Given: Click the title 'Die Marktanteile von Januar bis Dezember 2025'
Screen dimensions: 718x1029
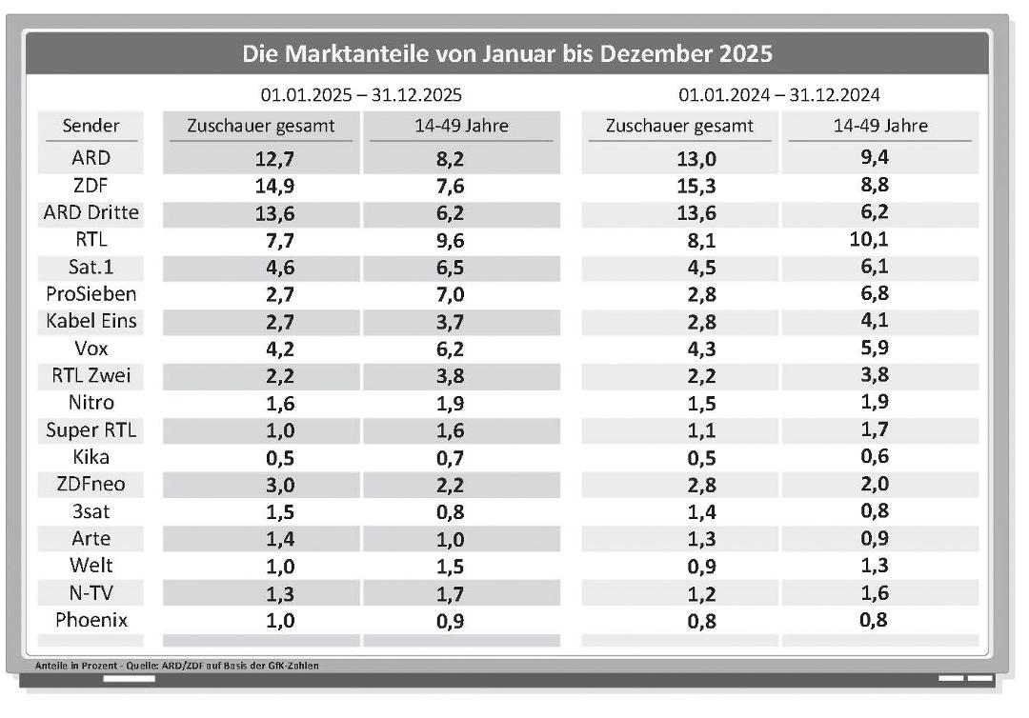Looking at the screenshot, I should pos(507,51).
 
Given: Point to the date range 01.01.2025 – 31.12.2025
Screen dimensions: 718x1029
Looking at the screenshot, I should pos(361,95).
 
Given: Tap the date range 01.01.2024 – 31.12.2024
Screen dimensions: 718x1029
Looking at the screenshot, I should pos(778,95).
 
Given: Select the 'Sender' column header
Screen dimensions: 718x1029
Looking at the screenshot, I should pos(91,126).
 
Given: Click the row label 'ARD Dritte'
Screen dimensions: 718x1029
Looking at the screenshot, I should pos(91,212).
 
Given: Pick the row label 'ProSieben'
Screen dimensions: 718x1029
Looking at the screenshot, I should pos(91,294).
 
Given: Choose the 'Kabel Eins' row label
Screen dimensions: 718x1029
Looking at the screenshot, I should pos(91,321).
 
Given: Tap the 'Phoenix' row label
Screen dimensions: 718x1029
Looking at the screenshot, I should pos(91,620).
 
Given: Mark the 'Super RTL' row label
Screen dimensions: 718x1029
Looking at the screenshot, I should pos(91,429).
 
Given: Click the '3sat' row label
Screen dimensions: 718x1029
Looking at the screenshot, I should pos(91,511).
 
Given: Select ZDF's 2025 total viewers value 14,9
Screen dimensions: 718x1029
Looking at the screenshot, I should pos(261,187).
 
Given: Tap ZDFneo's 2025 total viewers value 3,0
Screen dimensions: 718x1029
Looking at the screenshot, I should pos(261,485).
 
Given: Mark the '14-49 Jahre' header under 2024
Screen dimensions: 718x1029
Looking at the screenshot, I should pos(879,126).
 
